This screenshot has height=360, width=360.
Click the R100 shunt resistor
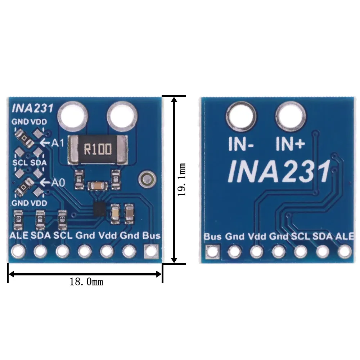point(98,148)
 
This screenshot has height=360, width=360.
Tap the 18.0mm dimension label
point(86,282)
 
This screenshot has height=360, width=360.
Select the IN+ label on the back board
point(291,144)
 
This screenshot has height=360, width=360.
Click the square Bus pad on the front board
point(151,251)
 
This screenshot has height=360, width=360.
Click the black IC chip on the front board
point(99,209)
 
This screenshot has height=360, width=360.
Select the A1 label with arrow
point(52,143)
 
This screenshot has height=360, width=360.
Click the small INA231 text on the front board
point(33,108)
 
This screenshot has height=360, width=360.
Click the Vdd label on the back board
point(257,237)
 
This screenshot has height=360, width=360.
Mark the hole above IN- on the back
point(242,116)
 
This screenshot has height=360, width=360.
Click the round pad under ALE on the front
point(18,251)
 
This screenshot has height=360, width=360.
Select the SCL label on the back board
point(300,237)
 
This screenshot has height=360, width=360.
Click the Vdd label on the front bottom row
point(107,236)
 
